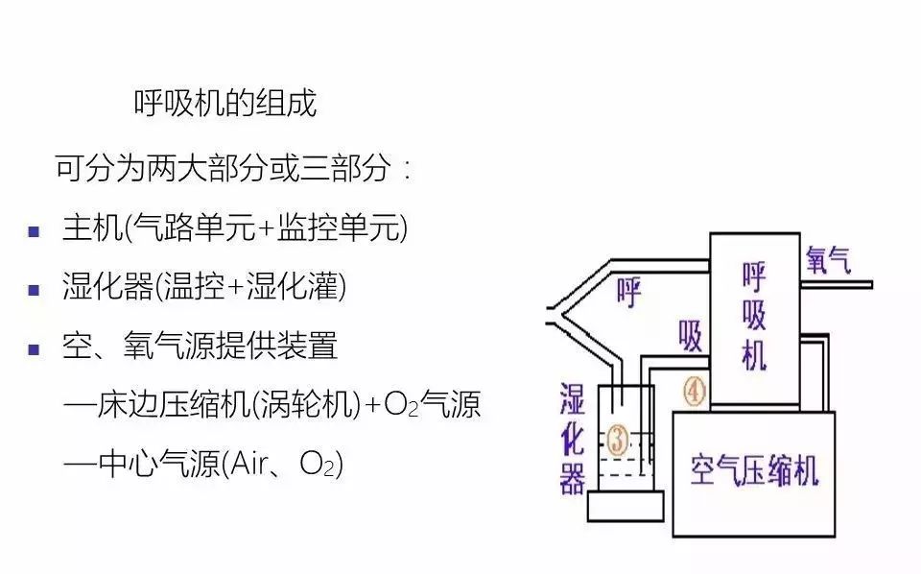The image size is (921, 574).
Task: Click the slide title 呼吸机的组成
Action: click(x=224, y=104)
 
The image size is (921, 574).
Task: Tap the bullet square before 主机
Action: click(x=34, y=231)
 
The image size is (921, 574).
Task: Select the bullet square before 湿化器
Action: click(x=34, y=289)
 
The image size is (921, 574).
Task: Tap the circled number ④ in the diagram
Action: click(x=693, y=391)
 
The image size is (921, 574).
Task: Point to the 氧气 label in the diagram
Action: click(x=828, y=259)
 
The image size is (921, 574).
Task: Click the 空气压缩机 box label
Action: click(x=754, y=470)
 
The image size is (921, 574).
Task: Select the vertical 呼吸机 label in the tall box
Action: click(x=755, y=316)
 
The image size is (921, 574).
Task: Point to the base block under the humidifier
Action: click(x=626, y=505)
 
